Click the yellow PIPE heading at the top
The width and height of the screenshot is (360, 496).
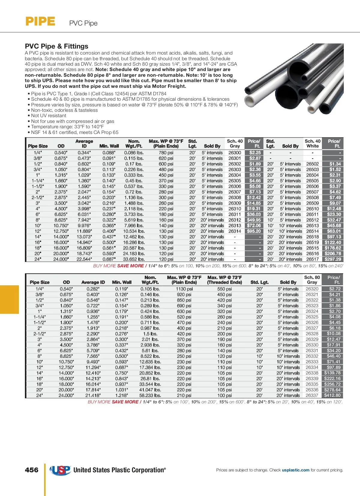[x=40, y=22]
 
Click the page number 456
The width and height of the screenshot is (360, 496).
[x=31, y=470]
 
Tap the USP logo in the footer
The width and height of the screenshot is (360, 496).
[x=60, y=470]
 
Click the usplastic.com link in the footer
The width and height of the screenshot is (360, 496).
[x=295, y=470]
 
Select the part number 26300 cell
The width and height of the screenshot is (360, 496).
[x=235, y=153]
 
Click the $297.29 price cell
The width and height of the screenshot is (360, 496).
[x=333, y=259]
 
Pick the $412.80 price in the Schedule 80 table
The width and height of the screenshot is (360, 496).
[x=332, y=395]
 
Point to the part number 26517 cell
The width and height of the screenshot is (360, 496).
[x=312, y=259]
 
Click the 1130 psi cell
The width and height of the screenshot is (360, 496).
[x=184, y=289]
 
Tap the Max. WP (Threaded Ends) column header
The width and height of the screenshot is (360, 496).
[x=224, y=280]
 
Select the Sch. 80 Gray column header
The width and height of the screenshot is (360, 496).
[x=312, y=280]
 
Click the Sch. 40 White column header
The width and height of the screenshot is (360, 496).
[x=313, y=144]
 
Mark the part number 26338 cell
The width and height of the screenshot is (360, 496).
[x=312, y=373]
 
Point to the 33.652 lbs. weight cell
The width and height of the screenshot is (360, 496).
[x=134, y=259]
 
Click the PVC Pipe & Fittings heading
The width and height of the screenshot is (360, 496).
[x=56, y=46]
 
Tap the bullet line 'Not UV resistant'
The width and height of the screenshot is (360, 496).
[x=49, y=116]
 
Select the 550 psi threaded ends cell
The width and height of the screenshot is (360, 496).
[x=224, y=289]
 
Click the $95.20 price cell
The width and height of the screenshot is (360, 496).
[x=254, y=231]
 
